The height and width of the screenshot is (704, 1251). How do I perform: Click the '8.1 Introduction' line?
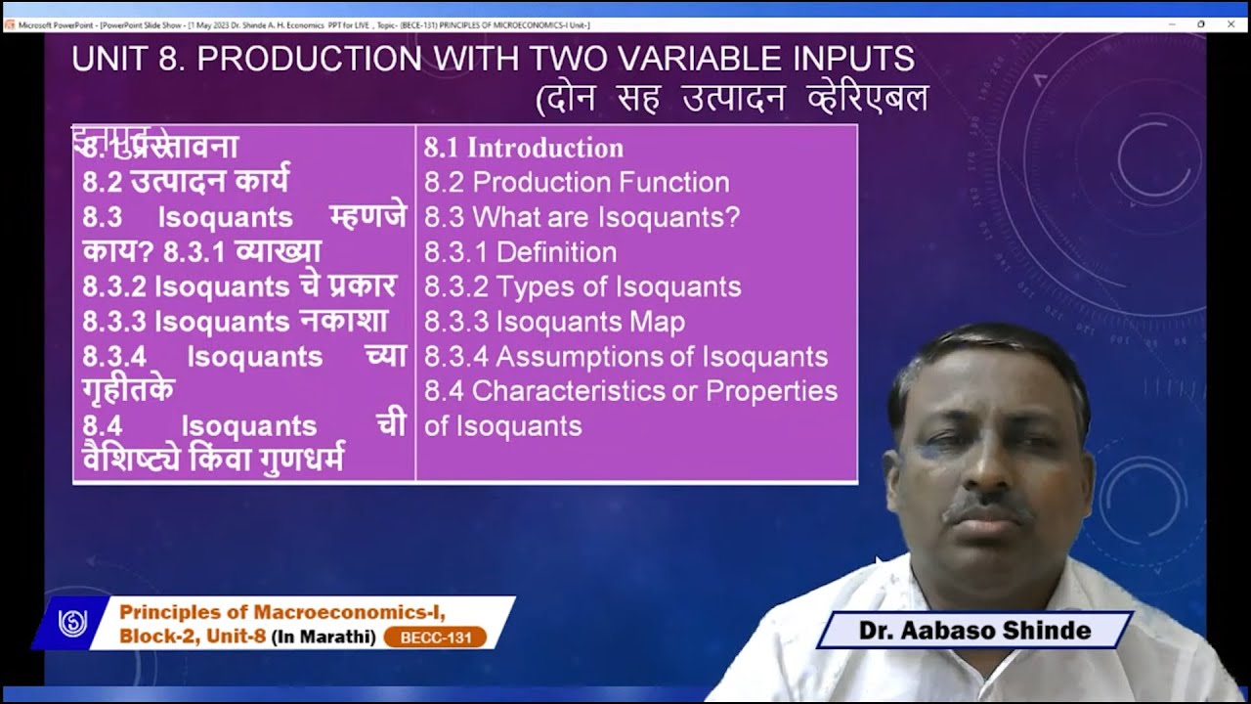click(x=523, y=149)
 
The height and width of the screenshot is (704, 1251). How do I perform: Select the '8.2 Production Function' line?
click(x=577, y=183)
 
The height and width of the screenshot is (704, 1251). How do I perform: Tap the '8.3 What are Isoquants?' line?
click(x=582, y=217)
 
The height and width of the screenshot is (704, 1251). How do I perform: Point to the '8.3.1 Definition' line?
click(x=520, y=252)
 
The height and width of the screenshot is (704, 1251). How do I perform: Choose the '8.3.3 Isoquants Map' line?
click(x=554, y=322)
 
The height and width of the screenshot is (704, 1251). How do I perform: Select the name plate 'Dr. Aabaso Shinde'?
click(x=974, y=631)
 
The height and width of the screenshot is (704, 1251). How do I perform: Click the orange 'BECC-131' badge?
click(x=435, y=638)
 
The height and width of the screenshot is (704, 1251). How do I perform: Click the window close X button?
click(x=1229, y=23)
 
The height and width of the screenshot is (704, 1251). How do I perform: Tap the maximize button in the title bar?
click(x=1201, y=23)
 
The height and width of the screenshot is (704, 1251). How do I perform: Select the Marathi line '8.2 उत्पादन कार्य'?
click(x=186, y=183)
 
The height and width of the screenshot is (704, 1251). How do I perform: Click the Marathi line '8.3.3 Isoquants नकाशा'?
click(x=235, y=322)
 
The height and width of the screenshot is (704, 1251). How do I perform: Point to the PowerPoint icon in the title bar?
click(x=9, y=23)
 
